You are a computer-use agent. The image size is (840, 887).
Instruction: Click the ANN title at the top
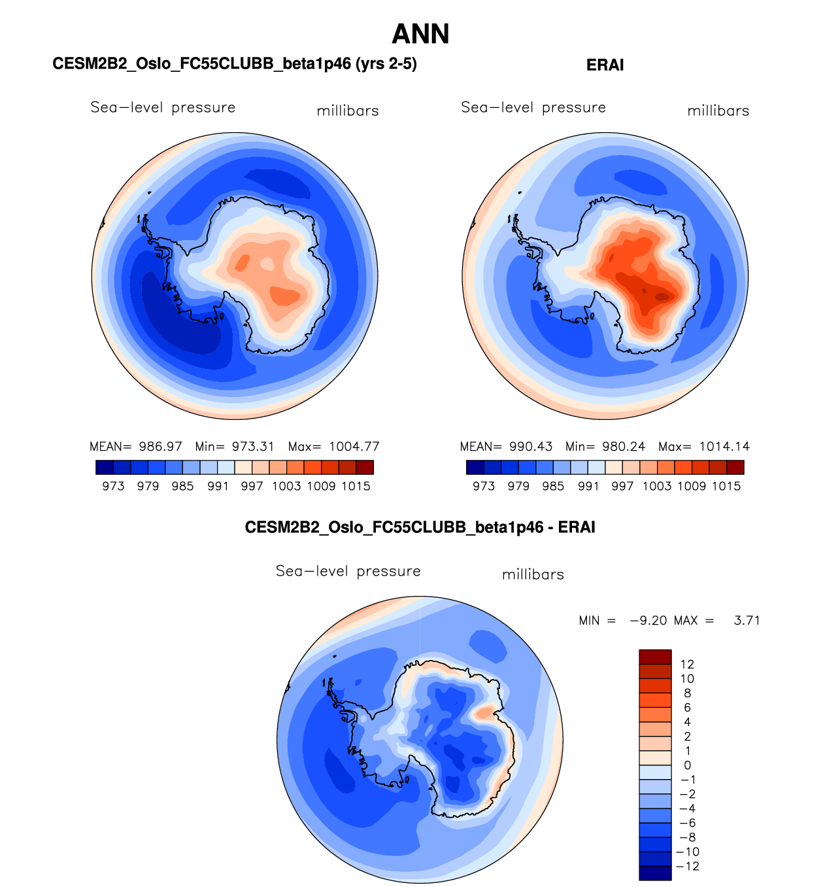pos(420,34)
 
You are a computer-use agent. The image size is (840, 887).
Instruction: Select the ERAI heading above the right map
pos(605,65)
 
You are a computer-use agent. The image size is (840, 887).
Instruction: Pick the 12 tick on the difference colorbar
pos(687,665)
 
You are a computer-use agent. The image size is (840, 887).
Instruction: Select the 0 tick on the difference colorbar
pos(687,765)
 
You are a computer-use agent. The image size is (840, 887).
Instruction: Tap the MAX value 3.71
pos(747,620)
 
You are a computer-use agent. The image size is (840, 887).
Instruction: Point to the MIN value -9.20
pos(648,620)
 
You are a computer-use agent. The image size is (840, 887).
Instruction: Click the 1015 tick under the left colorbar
pos(356,486)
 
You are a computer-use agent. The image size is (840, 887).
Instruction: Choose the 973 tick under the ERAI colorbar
pos(484,486)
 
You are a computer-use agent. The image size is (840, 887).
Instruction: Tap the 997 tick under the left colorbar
pos(252,486)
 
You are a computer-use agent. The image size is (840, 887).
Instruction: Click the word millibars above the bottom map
pos(533,574)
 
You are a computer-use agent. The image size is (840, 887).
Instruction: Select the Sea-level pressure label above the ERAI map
pos(533,107)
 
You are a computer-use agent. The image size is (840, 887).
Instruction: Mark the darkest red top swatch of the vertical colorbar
pos(655,657)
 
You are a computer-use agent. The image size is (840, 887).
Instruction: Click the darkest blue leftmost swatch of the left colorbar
pos(105,467)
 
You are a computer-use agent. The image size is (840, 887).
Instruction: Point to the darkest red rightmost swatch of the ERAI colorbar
pos(735,467)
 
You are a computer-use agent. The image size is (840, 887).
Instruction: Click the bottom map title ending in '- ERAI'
pos(420,527)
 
